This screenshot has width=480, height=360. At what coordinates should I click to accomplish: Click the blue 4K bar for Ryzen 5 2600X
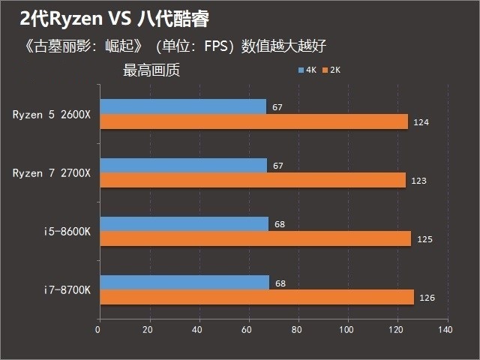182,106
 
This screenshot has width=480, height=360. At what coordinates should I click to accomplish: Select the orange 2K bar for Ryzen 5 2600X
253,121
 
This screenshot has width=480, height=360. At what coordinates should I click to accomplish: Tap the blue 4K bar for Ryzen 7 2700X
182,165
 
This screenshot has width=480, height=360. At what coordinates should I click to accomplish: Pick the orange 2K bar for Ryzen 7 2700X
252,180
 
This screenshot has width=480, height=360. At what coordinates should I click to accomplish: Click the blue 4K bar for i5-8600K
184,223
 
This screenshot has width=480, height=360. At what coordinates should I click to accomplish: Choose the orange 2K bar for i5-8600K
255,238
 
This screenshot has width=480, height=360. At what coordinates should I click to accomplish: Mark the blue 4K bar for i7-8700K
184,282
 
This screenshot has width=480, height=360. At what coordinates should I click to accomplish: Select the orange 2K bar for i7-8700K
256,297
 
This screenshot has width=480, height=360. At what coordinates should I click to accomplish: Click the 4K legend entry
307,70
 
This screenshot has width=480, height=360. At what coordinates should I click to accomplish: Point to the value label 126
427,298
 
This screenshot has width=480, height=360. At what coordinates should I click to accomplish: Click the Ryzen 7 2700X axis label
52,173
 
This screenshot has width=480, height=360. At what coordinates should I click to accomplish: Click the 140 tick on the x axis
447,329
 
